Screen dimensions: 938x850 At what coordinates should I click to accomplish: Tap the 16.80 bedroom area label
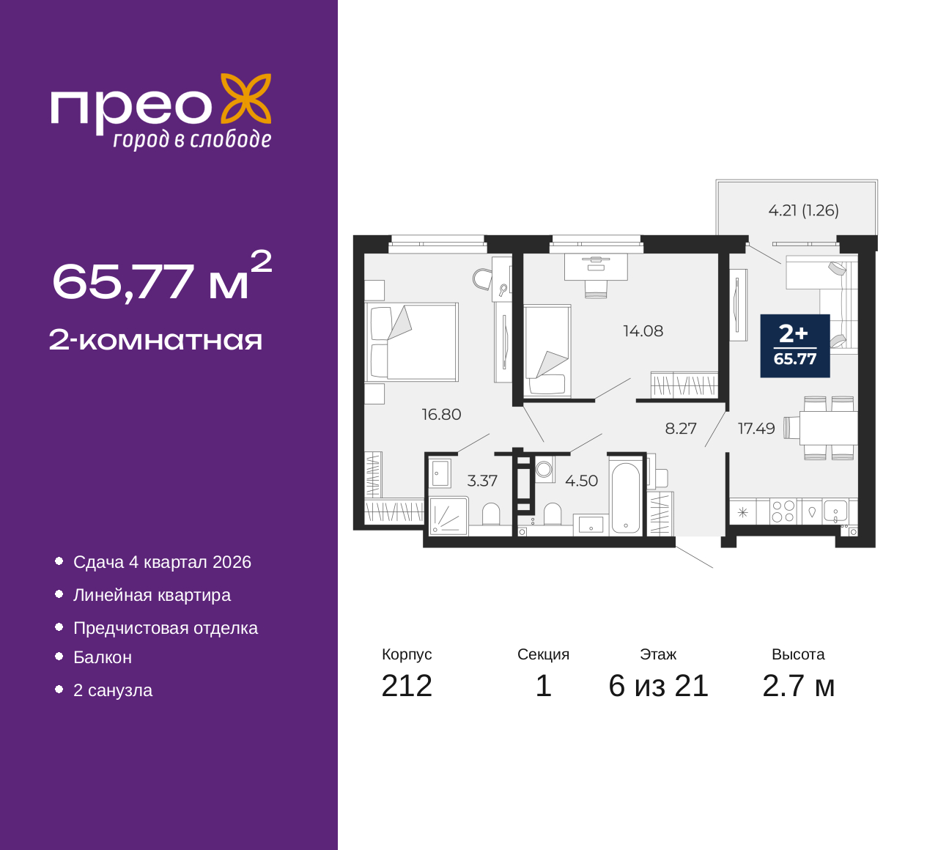(441, 414)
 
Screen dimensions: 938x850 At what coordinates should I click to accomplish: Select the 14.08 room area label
(643, 331)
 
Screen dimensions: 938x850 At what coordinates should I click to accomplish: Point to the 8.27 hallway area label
(681, 428)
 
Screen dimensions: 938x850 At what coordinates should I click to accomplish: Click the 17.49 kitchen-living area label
(756, 428)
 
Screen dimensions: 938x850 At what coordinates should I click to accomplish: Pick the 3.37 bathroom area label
(482, 481)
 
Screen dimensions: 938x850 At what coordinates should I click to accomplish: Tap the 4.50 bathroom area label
(581, 481)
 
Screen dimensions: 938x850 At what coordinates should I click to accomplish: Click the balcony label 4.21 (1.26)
(803, 210)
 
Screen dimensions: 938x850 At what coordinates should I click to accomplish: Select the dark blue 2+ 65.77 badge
(795, 346)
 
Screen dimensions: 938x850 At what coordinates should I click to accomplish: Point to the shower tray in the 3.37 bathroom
(448, 516)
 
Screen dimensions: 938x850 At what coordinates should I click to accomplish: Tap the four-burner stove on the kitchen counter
(783, 511)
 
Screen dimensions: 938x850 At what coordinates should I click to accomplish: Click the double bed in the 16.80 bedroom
(412, 341)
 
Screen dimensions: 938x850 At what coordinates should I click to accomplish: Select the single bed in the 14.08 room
(547, 351)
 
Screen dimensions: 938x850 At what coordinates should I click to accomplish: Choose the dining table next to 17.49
(828, 428)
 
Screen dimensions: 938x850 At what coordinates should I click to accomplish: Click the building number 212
(407, 686)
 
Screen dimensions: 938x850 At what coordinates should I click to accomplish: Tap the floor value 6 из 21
(658, 686)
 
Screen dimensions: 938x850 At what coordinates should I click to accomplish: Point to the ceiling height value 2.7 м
(798, 686)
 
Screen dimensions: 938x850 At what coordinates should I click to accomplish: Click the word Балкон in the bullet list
(103, 657)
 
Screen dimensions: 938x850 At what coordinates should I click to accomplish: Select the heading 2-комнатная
(155, 341)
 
